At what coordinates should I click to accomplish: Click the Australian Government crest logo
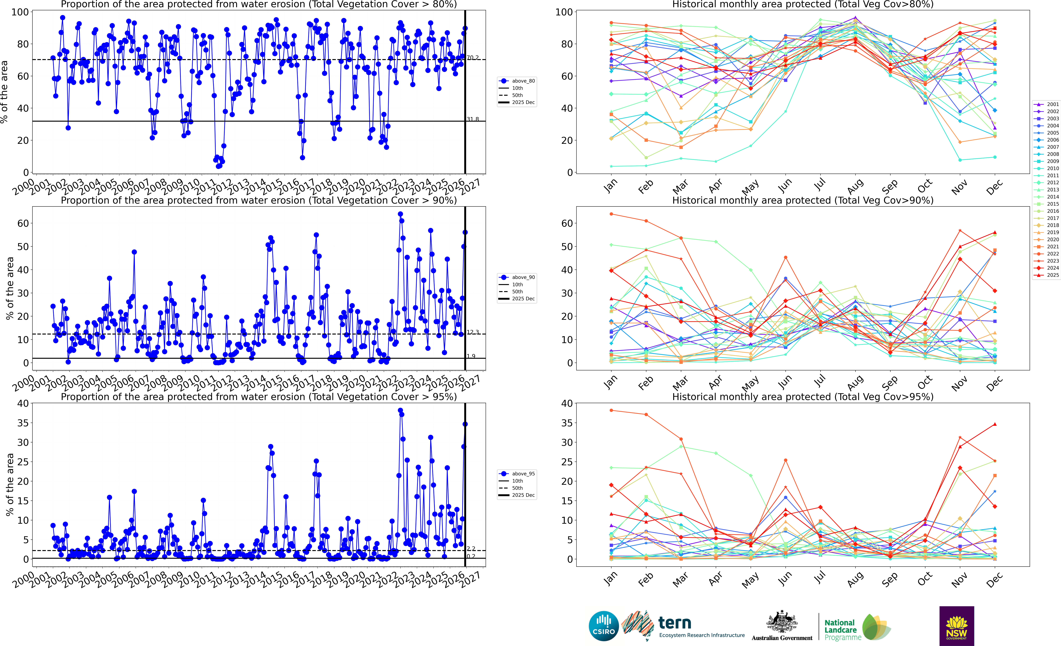coord(782,625)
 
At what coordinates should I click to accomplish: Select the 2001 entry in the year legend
coord(1049,104)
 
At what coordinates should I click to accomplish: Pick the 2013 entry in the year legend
coord(1049,189)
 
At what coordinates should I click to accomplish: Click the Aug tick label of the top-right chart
coord(855,186)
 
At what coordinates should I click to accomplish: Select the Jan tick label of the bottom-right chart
coord(610,579)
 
